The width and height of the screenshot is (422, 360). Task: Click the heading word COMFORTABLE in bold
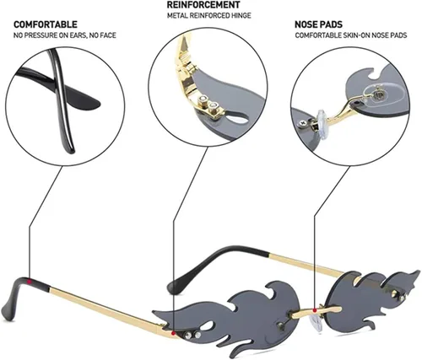[x=46, y=24]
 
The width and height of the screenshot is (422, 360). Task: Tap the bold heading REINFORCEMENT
[x=203, y=5]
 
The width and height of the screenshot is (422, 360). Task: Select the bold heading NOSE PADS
[x=318, y=24]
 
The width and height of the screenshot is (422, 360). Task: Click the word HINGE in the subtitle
[x=241, y=15]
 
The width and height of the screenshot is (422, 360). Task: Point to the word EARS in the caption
[x=80, y=35]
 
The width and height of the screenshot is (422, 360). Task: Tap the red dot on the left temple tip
[x=29, y=281]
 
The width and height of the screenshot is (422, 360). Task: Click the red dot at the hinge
[x=174, y=333]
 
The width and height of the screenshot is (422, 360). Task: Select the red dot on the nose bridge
[x=315, y=310]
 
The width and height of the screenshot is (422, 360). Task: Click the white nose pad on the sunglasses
[x=316, y=322]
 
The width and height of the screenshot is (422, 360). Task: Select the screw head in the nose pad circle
[x=303, y=123]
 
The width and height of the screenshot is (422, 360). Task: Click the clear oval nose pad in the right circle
[x=378, y=94]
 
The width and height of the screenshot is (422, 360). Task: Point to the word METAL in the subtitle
[x=177, y=15]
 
